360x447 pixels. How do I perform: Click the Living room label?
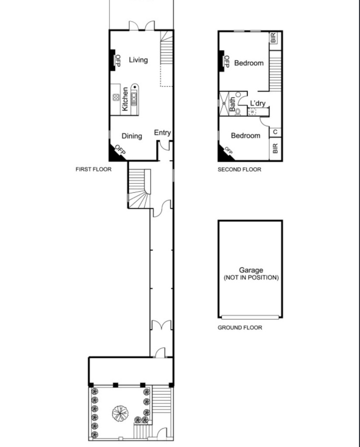point(139,60)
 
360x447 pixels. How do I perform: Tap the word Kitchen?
point(125,99)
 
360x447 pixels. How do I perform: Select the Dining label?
point(132,136)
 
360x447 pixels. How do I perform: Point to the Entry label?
point(162,132)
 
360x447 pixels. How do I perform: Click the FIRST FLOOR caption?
point(94,170)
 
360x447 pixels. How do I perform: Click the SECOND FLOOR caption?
point(240,170)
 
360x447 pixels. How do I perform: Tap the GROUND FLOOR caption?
point(240,328)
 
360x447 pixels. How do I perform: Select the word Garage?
point(251,270)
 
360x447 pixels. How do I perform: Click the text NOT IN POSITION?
point(251,277)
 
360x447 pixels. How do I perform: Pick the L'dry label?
point(258,103)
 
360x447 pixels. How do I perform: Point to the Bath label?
point(232,104)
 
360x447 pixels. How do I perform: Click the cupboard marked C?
point(275,132)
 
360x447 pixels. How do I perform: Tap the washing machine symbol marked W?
point(252,112)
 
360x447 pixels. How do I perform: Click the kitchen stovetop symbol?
point(116,97)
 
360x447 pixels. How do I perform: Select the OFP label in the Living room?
point(118,60)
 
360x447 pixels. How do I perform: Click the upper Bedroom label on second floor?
point(249,63)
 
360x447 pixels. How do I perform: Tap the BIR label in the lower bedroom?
point(275,149)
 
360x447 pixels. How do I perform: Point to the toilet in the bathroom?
point(238,112)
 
